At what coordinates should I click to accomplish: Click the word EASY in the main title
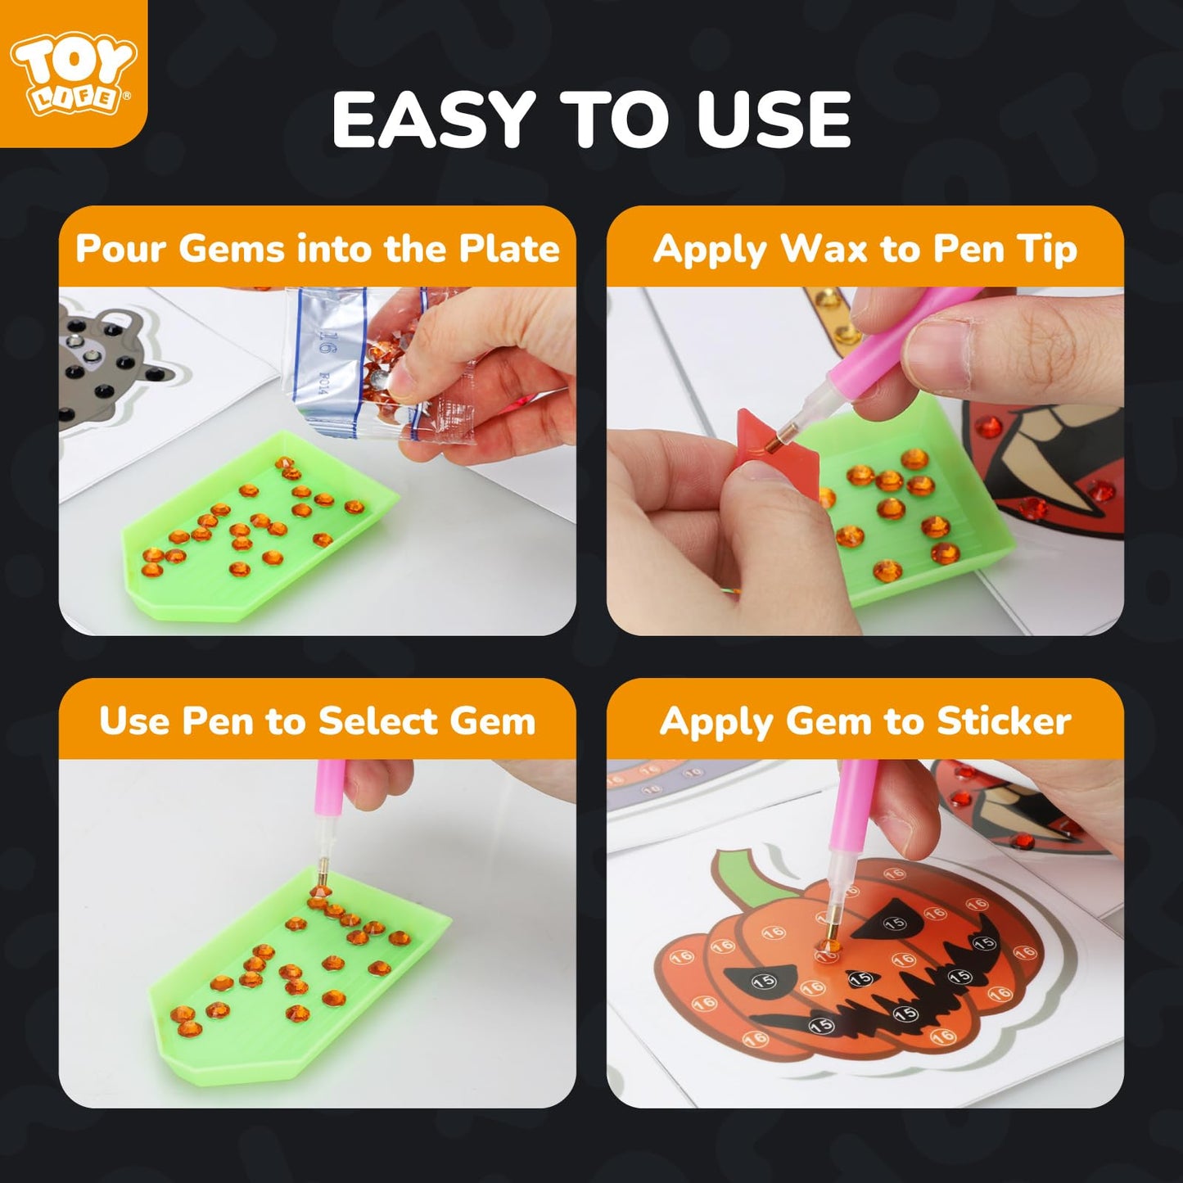(x=433, y=120)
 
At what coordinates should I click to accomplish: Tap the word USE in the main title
(x=774, y=120)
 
